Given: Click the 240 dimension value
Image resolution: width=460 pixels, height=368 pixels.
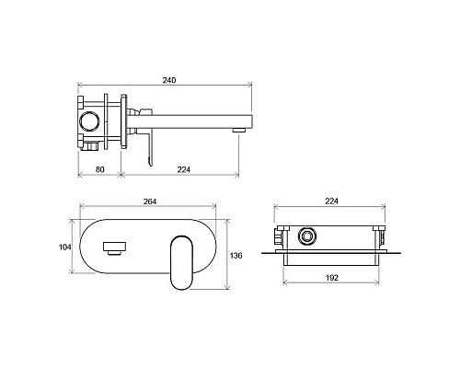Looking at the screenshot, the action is [x=169, y=80].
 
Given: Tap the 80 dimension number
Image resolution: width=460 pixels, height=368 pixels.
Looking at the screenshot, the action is [x=100, y=169].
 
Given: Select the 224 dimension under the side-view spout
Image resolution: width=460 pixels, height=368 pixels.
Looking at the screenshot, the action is [x=184, y=169].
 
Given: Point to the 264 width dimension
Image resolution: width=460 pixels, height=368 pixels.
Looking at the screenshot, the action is [x=150, y=201].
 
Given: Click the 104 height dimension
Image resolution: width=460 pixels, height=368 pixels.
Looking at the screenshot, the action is [x=64, y=247].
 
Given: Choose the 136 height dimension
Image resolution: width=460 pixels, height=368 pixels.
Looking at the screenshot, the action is [x=236, y=255].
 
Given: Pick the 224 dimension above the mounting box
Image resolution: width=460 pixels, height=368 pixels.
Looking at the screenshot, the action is [x=331, y=201].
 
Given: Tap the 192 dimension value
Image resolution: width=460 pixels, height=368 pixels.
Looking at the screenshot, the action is [x=331, y=278].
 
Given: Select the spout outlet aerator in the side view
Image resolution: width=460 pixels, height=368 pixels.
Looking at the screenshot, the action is [x=239, y=130].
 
